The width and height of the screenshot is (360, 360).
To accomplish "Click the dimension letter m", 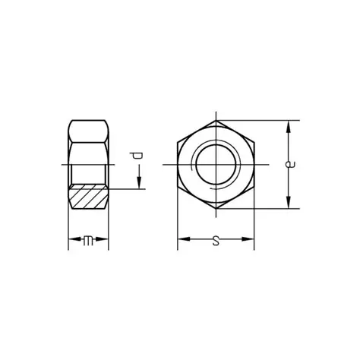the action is click(x=88, y=241).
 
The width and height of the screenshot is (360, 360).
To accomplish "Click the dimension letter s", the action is click(x=216, y=241).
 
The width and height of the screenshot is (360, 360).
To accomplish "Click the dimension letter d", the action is click(x=137, y=156).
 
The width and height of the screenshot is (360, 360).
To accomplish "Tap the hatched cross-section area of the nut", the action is click(x=88, y=197).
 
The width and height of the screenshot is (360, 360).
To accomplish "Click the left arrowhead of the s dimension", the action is click(x=184, y=239).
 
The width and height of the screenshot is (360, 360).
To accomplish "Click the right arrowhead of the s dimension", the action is click(x=248, y=239).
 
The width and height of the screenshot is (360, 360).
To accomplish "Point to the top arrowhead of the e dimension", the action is click(x=289, y=126).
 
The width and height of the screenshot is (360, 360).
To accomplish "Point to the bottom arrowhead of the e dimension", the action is click(x=289, y=203).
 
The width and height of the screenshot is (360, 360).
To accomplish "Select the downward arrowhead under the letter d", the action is click(x=139, y=183).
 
